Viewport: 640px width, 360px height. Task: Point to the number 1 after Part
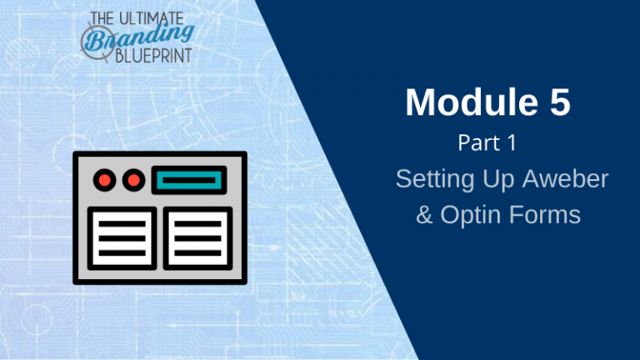512,142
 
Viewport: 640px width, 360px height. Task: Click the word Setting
435,179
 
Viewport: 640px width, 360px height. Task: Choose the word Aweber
566,178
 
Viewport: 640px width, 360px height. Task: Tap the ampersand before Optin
424,215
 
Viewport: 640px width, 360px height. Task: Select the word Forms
545,215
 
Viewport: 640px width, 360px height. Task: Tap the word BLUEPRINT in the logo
154,56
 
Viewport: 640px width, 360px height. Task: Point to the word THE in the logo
102,19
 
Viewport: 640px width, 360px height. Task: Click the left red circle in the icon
104,180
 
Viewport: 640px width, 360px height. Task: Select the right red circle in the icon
133,180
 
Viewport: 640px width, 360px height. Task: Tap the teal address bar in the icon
189,180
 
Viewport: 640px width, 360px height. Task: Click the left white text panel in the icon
122,238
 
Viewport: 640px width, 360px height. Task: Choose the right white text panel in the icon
197,238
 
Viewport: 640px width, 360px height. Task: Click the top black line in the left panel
122,224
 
